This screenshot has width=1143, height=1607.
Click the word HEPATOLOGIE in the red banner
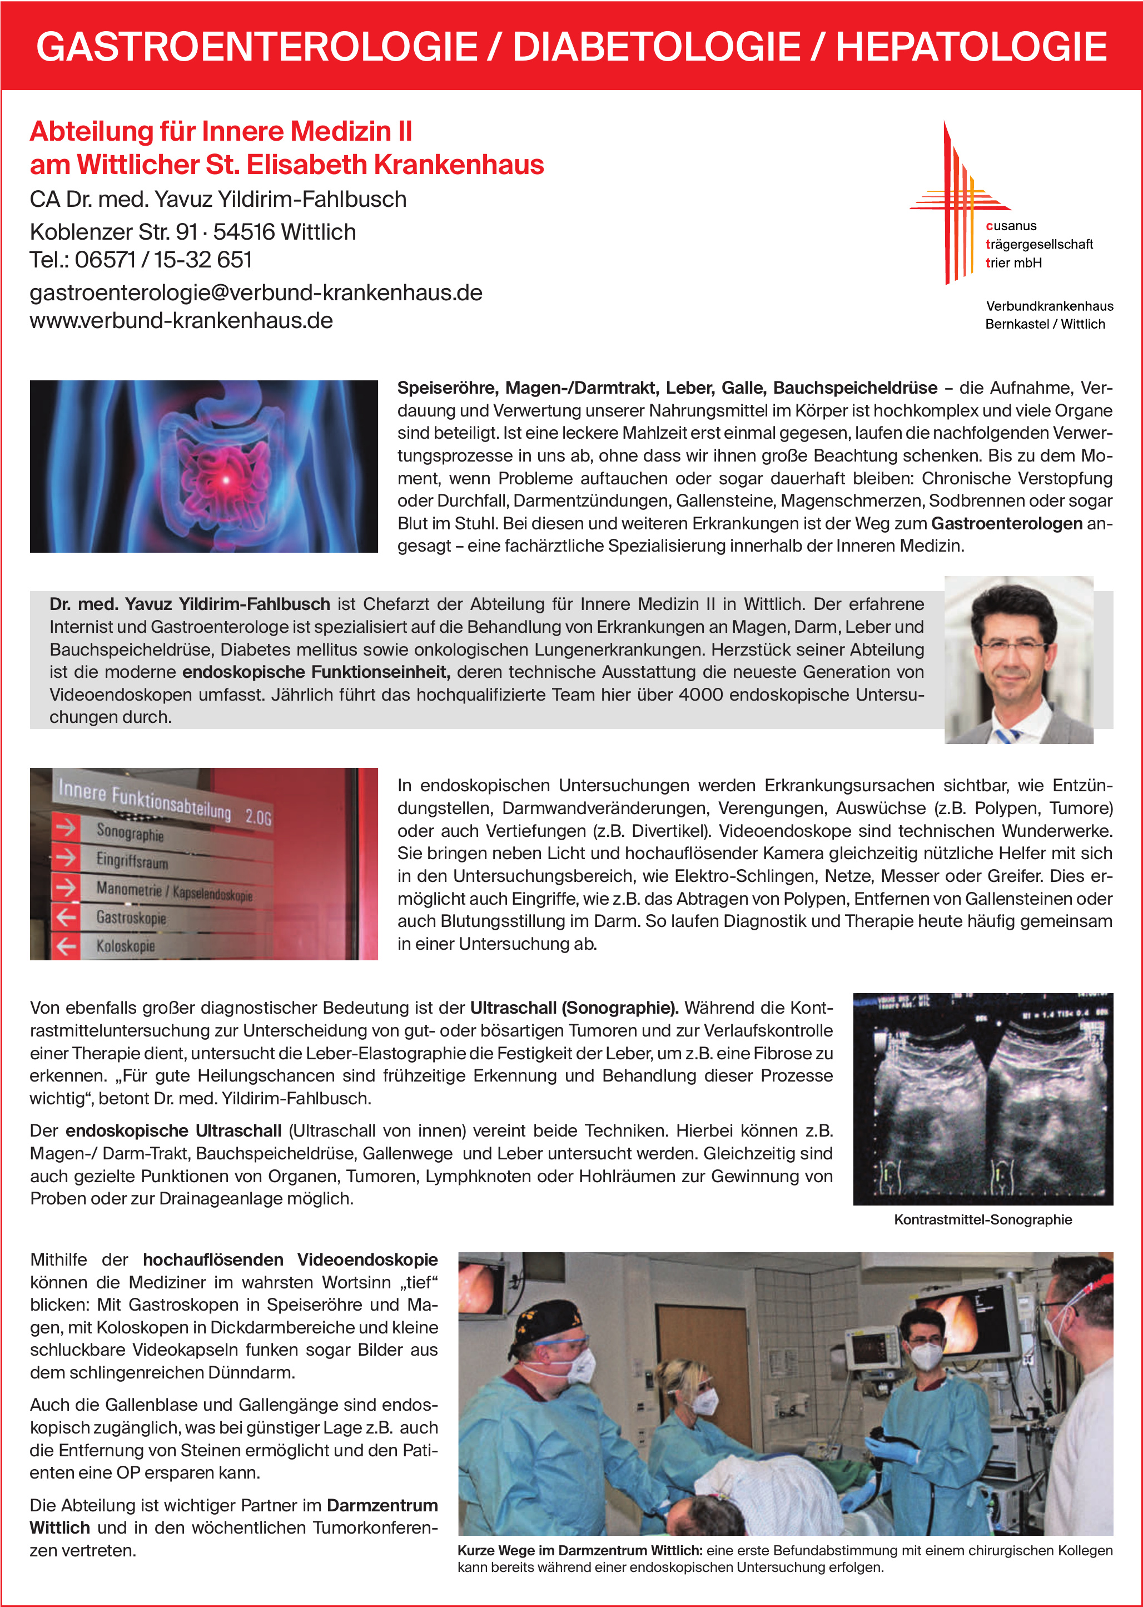pyautogui.click(x=971, y=47)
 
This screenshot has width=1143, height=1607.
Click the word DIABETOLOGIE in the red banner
pyautogui.click(x=656, y=47)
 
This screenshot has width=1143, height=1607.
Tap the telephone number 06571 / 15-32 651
pyautogui.click(x=163, y=260)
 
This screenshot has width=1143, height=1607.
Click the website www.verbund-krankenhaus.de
pyautogui.click(x=181, y=320)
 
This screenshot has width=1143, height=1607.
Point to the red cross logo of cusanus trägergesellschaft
pyautogui.click(x=958, y=201)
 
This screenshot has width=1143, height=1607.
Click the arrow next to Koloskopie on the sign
pyautogui.click(x=66, y=946)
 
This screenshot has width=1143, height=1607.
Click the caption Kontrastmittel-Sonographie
pyautogui.click(x=982, y=1220)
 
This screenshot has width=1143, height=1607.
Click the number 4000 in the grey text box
pyautogui.click(x=700, y=695)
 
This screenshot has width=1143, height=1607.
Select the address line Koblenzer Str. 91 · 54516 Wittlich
pyautogui.click(x=192, y=231)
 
